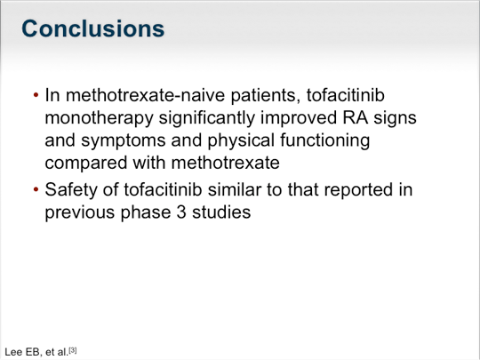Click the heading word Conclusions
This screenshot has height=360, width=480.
pyautogui.click(x=93, y=28)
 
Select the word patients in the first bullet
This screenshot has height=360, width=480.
pyautogui.click(x=265, y=95)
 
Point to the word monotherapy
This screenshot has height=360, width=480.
pyautogui.click(x=99, y=118)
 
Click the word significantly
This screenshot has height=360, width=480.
pyautogui.click(x=206, y=118)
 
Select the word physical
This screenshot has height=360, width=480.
pyautogui.click(x=241, y=140)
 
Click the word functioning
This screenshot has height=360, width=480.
pyautogui.click(x=324, y=140)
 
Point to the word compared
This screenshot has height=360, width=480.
pyautogui.click(x=85, y=163)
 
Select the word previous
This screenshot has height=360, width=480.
pyautogui.click(x=80, y=212)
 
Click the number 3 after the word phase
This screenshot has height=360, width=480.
pyautogui.click(x=181, y=212)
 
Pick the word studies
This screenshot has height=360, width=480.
pyautogui.click(x=221, y=212)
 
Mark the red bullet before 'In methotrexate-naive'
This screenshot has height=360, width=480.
pyautogui.click(x=36, y=95)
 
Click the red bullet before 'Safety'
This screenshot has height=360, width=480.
pyautogui.click(x=36, y=190)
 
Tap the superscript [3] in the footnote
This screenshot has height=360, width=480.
pyautogui.click(x=73, y=350)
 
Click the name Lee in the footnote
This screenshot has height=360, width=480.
pyautogui.click(x=13, y=352)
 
